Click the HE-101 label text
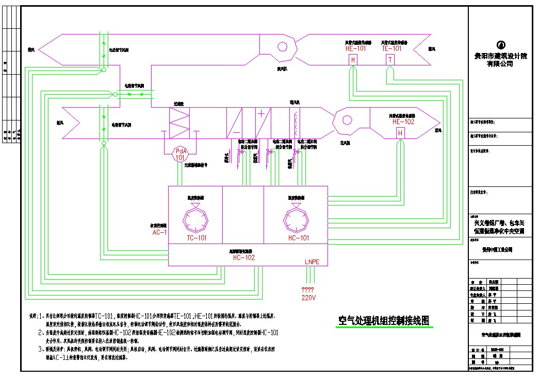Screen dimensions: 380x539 click(x=355, y=48)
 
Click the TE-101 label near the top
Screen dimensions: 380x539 click(x=391, y=48)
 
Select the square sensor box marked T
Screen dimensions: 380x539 click(x=390, y=60)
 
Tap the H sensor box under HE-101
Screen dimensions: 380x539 click(x=353, y=60)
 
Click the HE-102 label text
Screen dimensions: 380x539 click(x=403, y=122)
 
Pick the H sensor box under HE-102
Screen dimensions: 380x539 click(x=400, y=133)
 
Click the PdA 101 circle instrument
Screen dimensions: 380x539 click(x=180, y=154)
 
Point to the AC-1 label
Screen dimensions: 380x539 click(x=159, y=232)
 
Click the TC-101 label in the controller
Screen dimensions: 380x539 click(x=197, y=238)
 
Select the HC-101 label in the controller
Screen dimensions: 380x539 click(x=299, y=238)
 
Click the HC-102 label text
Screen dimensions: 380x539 click(x=244, y=257)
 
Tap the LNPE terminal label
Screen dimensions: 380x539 click(x=312, y=262)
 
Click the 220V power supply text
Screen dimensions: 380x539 click(x=308, y=298)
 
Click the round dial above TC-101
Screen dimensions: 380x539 click(x=195, y=219)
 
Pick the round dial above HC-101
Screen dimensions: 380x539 click(x=298, y=219)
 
